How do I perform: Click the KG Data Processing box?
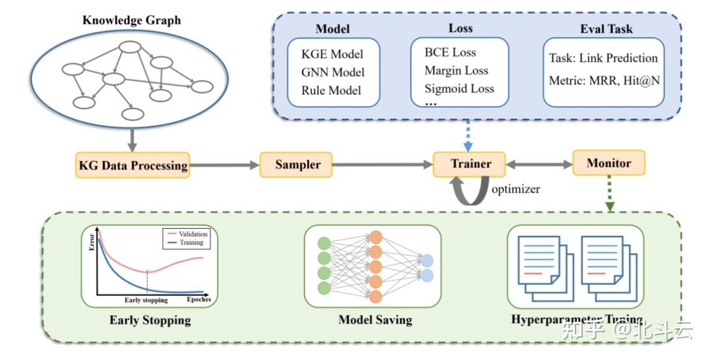coord(133,165)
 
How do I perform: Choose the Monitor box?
coord(608,162)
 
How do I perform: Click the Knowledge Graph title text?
coord(131,20)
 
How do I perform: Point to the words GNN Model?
coord(333,72)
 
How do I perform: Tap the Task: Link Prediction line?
coord(603,58)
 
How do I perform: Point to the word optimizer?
coord(515,189)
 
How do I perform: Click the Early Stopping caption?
coord(150,320)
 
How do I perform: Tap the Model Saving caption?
coord(375,320)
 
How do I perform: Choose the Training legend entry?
coord(191,243)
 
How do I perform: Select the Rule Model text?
coord(331,90)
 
